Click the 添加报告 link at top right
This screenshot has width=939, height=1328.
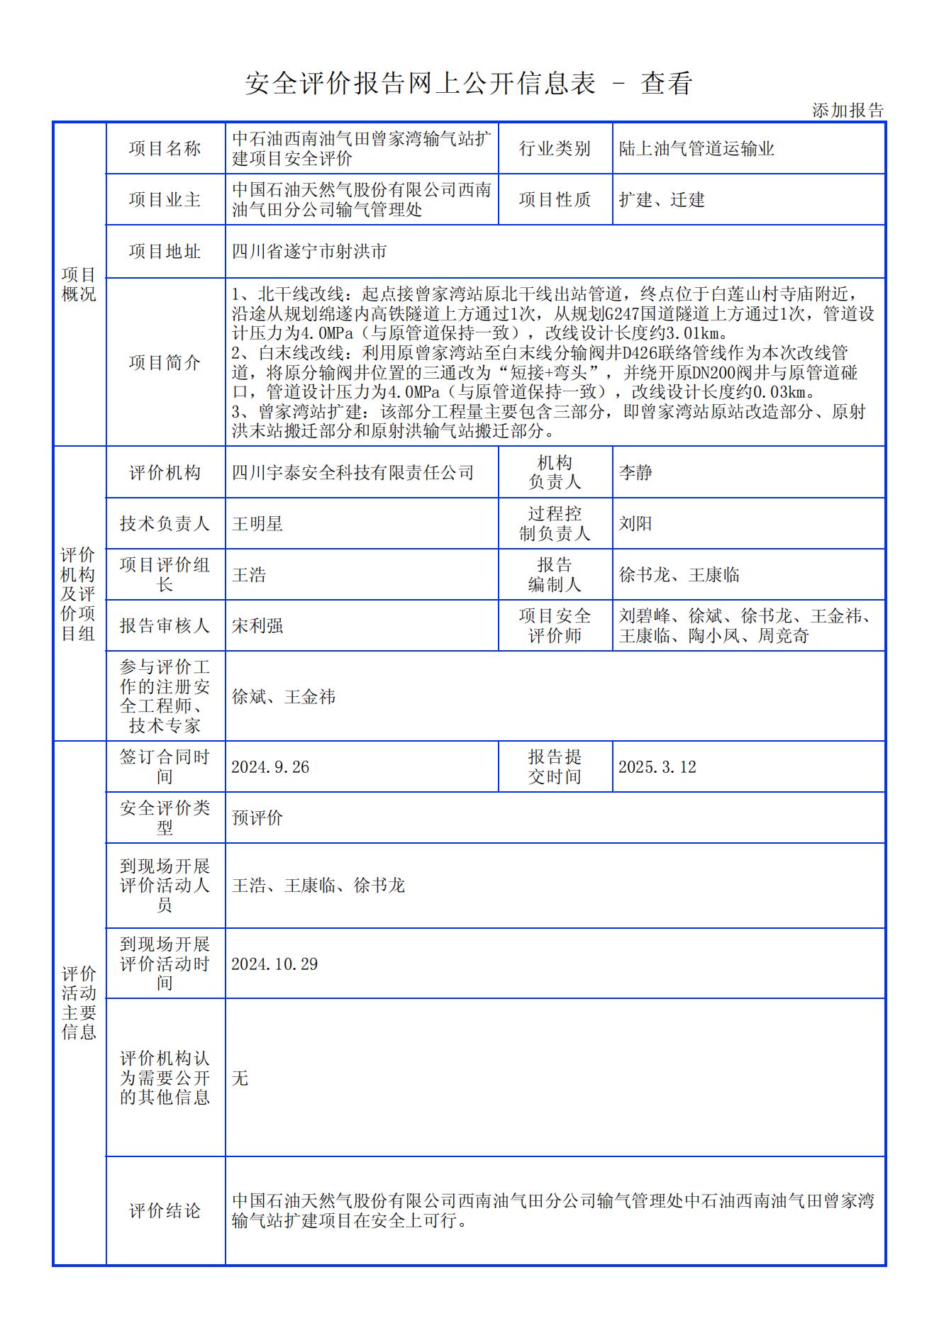click(848, 111)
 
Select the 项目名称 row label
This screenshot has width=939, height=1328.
click(165, 148)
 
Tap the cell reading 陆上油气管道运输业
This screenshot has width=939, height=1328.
click(696, 149)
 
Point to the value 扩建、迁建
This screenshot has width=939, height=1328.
click(662, 200)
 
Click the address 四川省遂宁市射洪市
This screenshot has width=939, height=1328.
click(309, 252)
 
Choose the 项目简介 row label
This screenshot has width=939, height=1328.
click(165, 362)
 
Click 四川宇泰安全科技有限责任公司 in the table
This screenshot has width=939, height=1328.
click(352, 473)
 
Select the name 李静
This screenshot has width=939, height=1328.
click(635, 473)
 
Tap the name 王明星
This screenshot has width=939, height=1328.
click(257, 524)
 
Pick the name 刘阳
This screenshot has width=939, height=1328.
click(635, 524)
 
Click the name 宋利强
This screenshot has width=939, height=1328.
click(257, 626)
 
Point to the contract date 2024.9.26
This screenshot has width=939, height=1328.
click(270, 767)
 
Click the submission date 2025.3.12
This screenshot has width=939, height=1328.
click(657, 767)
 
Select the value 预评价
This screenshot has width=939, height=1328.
click(257, 818)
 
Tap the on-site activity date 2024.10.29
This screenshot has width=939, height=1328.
click(274, 964)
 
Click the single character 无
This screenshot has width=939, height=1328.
click(240, 1078)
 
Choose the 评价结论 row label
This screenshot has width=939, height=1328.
click(165, 1211)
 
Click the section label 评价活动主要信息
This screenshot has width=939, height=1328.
click(79, 1003)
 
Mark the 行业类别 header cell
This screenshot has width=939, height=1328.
click(555, 149)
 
